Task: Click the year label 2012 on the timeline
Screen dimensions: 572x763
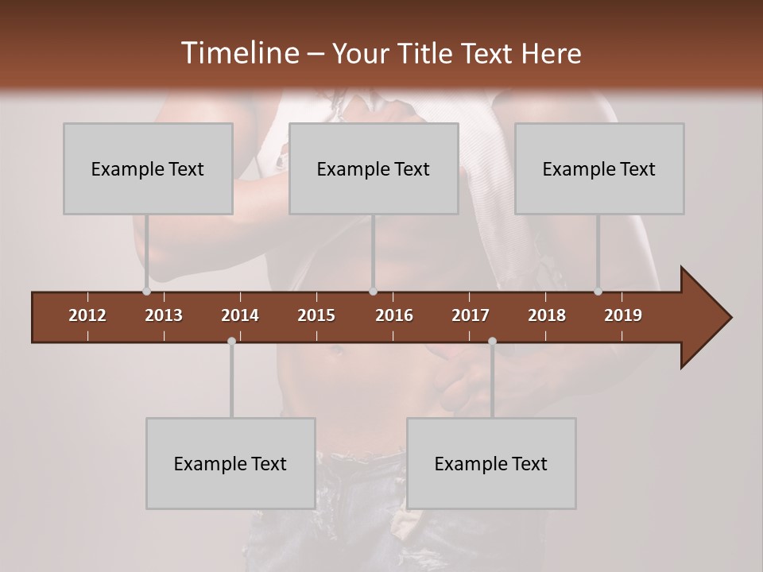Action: [87, 315]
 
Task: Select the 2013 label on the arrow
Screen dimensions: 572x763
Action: [164, 315]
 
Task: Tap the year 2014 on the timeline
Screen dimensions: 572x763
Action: [240, 315]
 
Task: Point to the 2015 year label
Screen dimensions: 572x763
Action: [316, 315]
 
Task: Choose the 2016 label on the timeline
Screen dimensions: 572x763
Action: [394, 315]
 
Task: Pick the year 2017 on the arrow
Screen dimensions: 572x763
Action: [471, 315]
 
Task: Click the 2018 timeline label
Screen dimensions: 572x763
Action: [547, 315]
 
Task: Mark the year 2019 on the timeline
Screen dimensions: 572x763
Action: [623, 315]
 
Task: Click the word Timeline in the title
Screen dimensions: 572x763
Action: [238, 53]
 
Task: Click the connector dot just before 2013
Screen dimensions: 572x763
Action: [146, 292]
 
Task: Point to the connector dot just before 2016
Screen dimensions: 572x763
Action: [373, 292]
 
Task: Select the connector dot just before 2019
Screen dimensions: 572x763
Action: [598, 292]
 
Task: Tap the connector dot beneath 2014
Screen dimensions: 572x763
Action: [231, 341]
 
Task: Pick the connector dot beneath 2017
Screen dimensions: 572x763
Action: [492, 341]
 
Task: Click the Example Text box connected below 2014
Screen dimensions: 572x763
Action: [230, 463]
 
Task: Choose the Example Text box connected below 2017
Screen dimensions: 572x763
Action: [491, 463]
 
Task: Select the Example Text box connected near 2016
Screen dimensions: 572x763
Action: [374, 168]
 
